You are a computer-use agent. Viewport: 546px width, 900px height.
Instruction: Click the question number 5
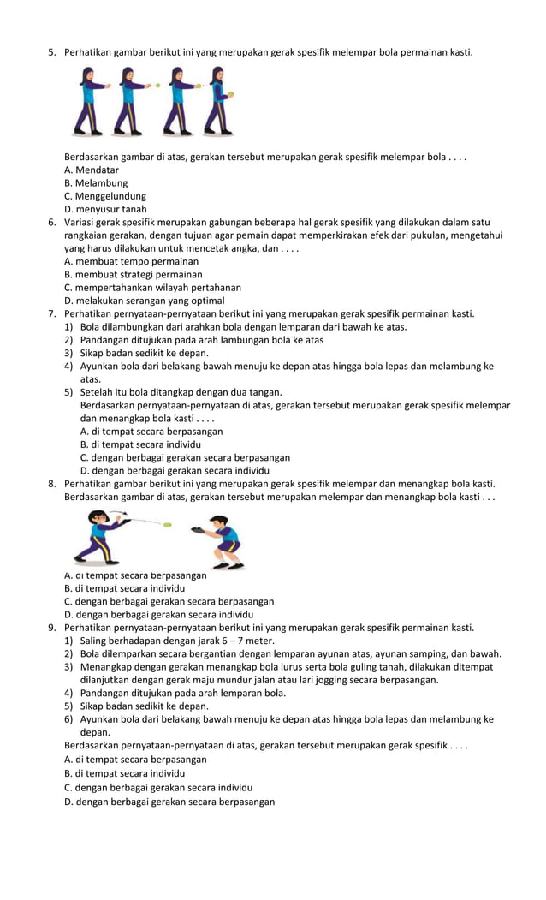(51, 53)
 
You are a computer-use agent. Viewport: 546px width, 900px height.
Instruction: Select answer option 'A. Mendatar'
(91, 170)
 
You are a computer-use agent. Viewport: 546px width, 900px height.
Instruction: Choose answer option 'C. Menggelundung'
(104, 195)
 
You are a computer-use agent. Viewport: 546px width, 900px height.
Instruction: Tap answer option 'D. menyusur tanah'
(105, 208)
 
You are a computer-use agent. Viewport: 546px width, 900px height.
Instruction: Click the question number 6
(51, 222)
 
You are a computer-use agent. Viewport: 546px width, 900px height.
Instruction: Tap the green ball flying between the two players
(167, 524)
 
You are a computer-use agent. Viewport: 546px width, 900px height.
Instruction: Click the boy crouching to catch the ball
(222, 540)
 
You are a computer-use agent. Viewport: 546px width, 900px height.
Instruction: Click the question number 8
(51, 484)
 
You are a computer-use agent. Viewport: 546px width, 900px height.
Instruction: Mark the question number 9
(51, 627)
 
